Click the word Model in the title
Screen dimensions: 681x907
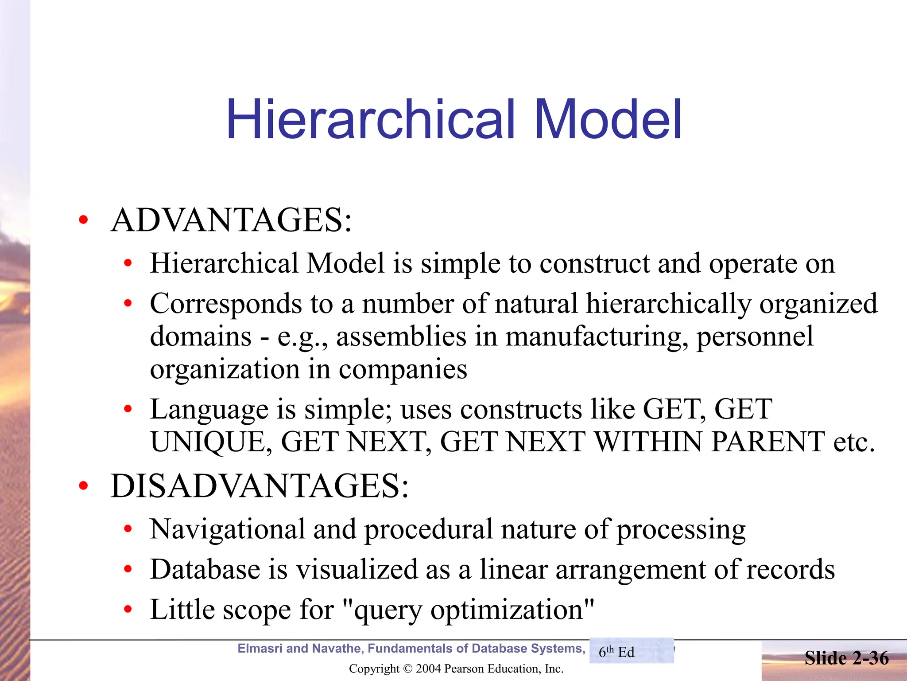[x=608, y=119]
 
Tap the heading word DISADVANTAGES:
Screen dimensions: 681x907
[x=260, y=486]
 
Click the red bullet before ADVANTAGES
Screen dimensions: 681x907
[x=83, y=220]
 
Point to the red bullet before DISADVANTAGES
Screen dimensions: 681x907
[x=83, y=486]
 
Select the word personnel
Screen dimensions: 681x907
[x=755, y=336]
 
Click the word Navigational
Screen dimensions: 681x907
[x=228, y=529]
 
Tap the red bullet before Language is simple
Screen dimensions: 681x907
[x=128, y=409]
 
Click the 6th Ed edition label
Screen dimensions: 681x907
[x=616, y=652]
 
